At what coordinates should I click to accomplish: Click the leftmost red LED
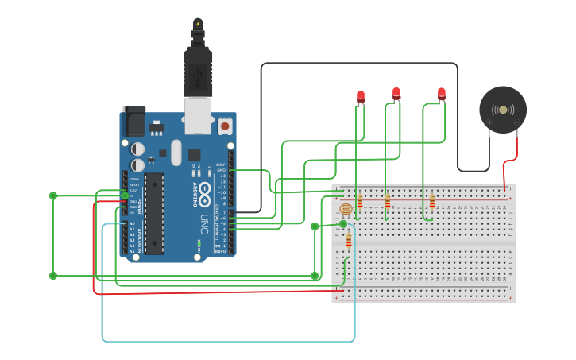click(x=361, y=97)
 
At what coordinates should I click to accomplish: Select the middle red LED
click(x=396, y=94)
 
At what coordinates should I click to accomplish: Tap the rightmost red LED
click(x=442, y=94)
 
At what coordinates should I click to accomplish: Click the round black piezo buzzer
click(x=502, y=110)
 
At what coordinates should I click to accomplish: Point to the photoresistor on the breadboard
click(x=346, y=209)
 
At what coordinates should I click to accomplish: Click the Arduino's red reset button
click(x=225, y=126)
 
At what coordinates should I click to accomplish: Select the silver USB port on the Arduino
click(x=198, y=115)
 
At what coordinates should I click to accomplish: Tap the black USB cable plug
click(x=197, y=68)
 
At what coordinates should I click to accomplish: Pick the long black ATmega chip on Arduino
click(x=154, y=213)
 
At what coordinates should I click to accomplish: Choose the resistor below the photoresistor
click(x=348, y=240)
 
